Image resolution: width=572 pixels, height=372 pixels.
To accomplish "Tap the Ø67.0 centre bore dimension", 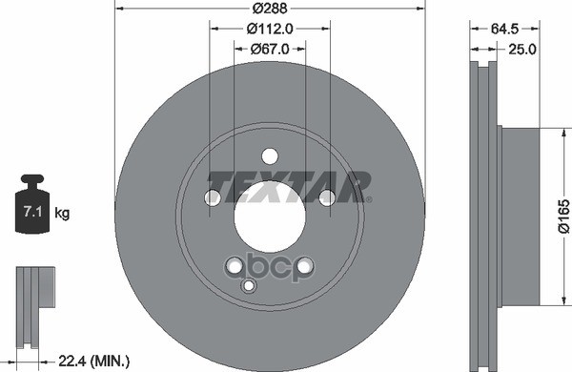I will point(270,48).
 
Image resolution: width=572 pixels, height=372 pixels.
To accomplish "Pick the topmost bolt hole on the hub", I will point(270,156).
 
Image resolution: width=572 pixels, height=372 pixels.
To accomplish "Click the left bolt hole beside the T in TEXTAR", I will point(213,197).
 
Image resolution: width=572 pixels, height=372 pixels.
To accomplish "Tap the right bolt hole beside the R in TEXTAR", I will point(326,197).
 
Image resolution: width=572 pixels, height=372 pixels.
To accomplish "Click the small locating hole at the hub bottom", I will point(250,285).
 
